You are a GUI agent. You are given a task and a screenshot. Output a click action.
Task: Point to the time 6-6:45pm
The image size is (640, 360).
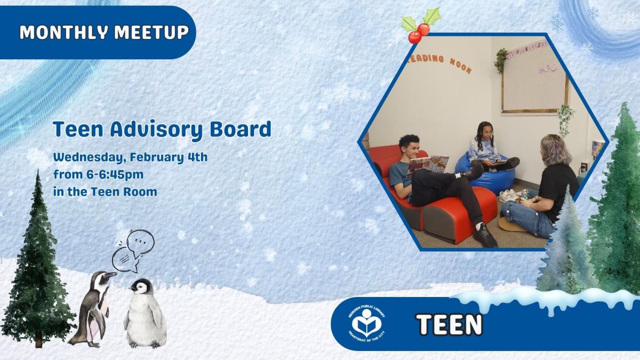[x=111, y=174]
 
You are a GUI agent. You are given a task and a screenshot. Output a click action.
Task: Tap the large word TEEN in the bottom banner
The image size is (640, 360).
[x=449, y=324]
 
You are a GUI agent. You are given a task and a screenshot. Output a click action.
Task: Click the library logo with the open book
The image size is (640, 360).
[x=367, y=323]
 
